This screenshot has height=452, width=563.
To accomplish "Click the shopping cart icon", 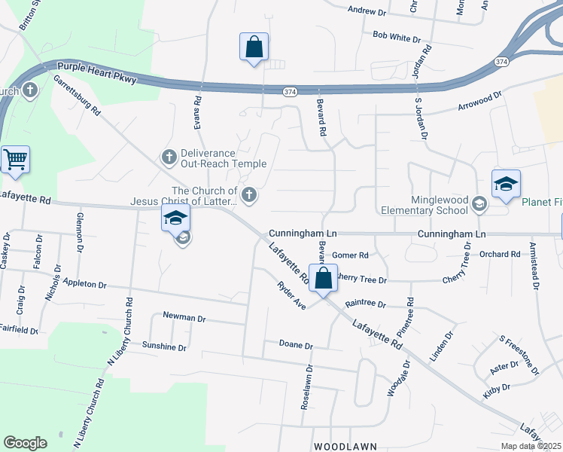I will [15, 160].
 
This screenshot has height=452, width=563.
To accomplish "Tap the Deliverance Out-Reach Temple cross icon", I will [169, 157].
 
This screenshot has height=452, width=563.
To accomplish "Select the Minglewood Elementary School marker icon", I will [479, 203].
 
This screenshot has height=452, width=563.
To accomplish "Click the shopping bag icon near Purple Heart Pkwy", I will [254, 47].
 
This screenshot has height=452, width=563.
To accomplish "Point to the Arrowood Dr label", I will [479, 102].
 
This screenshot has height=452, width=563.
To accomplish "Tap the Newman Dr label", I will [184, 318].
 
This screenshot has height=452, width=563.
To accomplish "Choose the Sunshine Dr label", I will [164, 347].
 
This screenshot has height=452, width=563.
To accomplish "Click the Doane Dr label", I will [296, 345].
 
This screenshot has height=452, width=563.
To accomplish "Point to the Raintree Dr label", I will [365, 304].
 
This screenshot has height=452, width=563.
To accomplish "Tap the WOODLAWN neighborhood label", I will [345, 447].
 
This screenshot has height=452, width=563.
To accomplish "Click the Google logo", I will [25, 443].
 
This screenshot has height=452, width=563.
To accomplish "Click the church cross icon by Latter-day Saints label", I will [249, 196].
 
